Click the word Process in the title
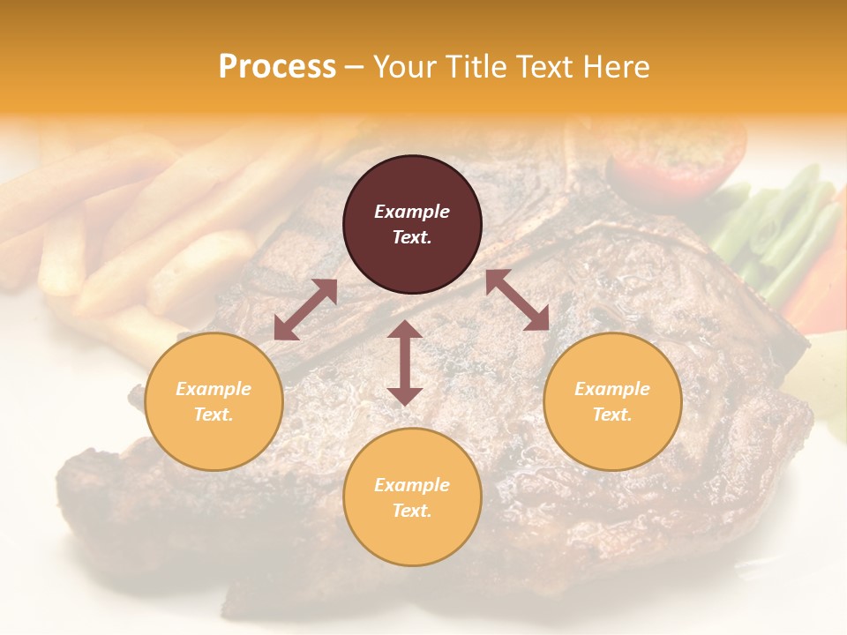click(x=277, y=67)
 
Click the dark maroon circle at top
click(x=412, y=224)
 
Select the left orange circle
click(x=214, y=401)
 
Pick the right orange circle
click(x=612, y=401)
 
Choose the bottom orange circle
click(x=412, y=497)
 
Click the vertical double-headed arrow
click(x=405, y=362)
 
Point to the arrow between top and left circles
click(x=305, y=310)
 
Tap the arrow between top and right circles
click(x=517, y=300)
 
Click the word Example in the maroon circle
click(x=412, y=212)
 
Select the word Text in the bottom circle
click(x=410, y=511)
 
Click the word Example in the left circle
click(x=214, y=389)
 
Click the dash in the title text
click(x=354, y=67)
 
